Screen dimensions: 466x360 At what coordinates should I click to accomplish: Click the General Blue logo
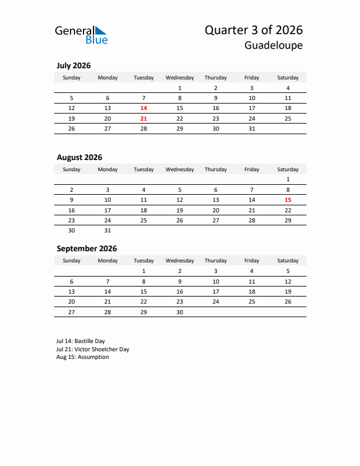81,35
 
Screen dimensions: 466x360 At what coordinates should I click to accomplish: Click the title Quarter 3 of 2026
254,30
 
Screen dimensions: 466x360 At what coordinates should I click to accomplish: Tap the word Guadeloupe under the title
275,45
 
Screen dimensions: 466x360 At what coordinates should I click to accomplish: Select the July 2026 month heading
74,66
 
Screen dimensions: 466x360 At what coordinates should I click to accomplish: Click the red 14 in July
144,108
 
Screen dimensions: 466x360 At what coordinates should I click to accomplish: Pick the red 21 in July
144,118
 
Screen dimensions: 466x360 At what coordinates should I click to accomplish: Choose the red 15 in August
288,199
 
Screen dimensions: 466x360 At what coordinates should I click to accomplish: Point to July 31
252,128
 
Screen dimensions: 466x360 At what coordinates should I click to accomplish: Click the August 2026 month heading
79,157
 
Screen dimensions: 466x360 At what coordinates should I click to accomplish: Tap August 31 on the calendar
108,230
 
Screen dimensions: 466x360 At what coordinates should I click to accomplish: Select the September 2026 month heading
86,248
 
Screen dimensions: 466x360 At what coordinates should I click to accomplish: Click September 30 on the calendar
179,312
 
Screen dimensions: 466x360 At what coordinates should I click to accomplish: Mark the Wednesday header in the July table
179,78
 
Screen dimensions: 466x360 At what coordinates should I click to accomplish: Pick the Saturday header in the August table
288,169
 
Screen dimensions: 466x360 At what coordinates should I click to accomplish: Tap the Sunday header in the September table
72,261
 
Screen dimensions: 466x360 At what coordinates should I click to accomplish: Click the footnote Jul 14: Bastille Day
81,341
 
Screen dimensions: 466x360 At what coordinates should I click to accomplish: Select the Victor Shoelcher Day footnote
93,349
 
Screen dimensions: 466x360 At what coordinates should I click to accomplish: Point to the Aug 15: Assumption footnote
82,357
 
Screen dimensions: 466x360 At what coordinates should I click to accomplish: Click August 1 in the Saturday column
288,179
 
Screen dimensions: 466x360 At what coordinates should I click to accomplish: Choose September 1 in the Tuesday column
144,271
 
